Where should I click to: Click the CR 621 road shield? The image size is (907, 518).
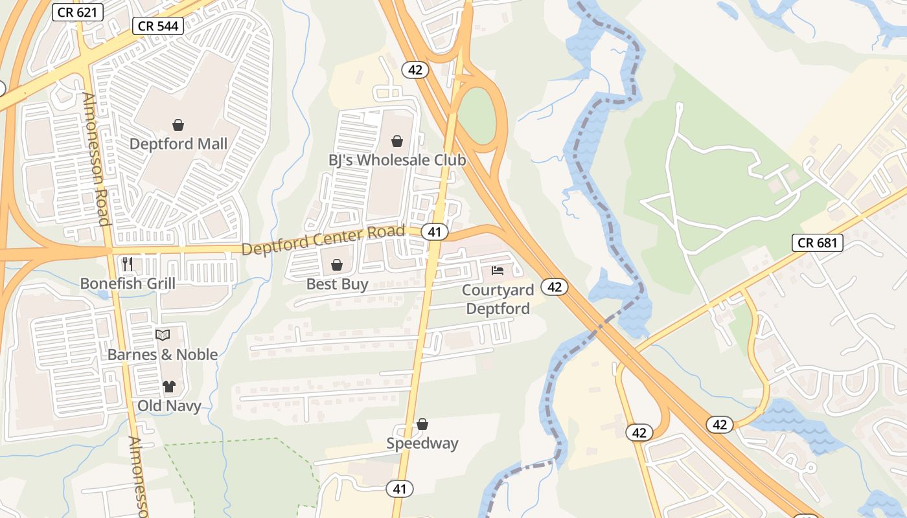(78, 12)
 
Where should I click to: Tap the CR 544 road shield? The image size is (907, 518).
(158, 26)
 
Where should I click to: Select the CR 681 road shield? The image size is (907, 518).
(818, 243)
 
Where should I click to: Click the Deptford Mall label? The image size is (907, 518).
(178, 144)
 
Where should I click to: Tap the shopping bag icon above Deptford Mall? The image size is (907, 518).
(178, 124)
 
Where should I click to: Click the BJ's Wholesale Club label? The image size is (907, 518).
(396, 160)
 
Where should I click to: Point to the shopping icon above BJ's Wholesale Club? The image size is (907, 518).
(396, 141)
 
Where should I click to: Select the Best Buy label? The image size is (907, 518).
(337, 284)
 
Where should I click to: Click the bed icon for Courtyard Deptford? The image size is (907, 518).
(498, 270)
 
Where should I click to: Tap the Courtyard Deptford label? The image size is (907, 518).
(498, 299)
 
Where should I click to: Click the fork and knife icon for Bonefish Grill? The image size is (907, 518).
(128, 264)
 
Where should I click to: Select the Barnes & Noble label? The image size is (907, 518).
(162, 355)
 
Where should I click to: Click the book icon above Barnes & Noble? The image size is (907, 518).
(162, 335)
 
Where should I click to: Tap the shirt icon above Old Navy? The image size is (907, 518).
(169, 387)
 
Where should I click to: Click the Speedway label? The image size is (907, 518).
(422, 444)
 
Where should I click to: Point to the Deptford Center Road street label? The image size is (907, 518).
(323, 240)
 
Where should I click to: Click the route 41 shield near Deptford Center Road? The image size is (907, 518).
(434, 231)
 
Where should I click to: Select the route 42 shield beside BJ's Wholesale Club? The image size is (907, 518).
(415, 70)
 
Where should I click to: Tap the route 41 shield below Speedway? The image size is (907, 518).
(399, 489)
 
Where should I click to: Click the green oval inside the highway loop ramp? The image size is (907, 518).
(478, 115)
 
